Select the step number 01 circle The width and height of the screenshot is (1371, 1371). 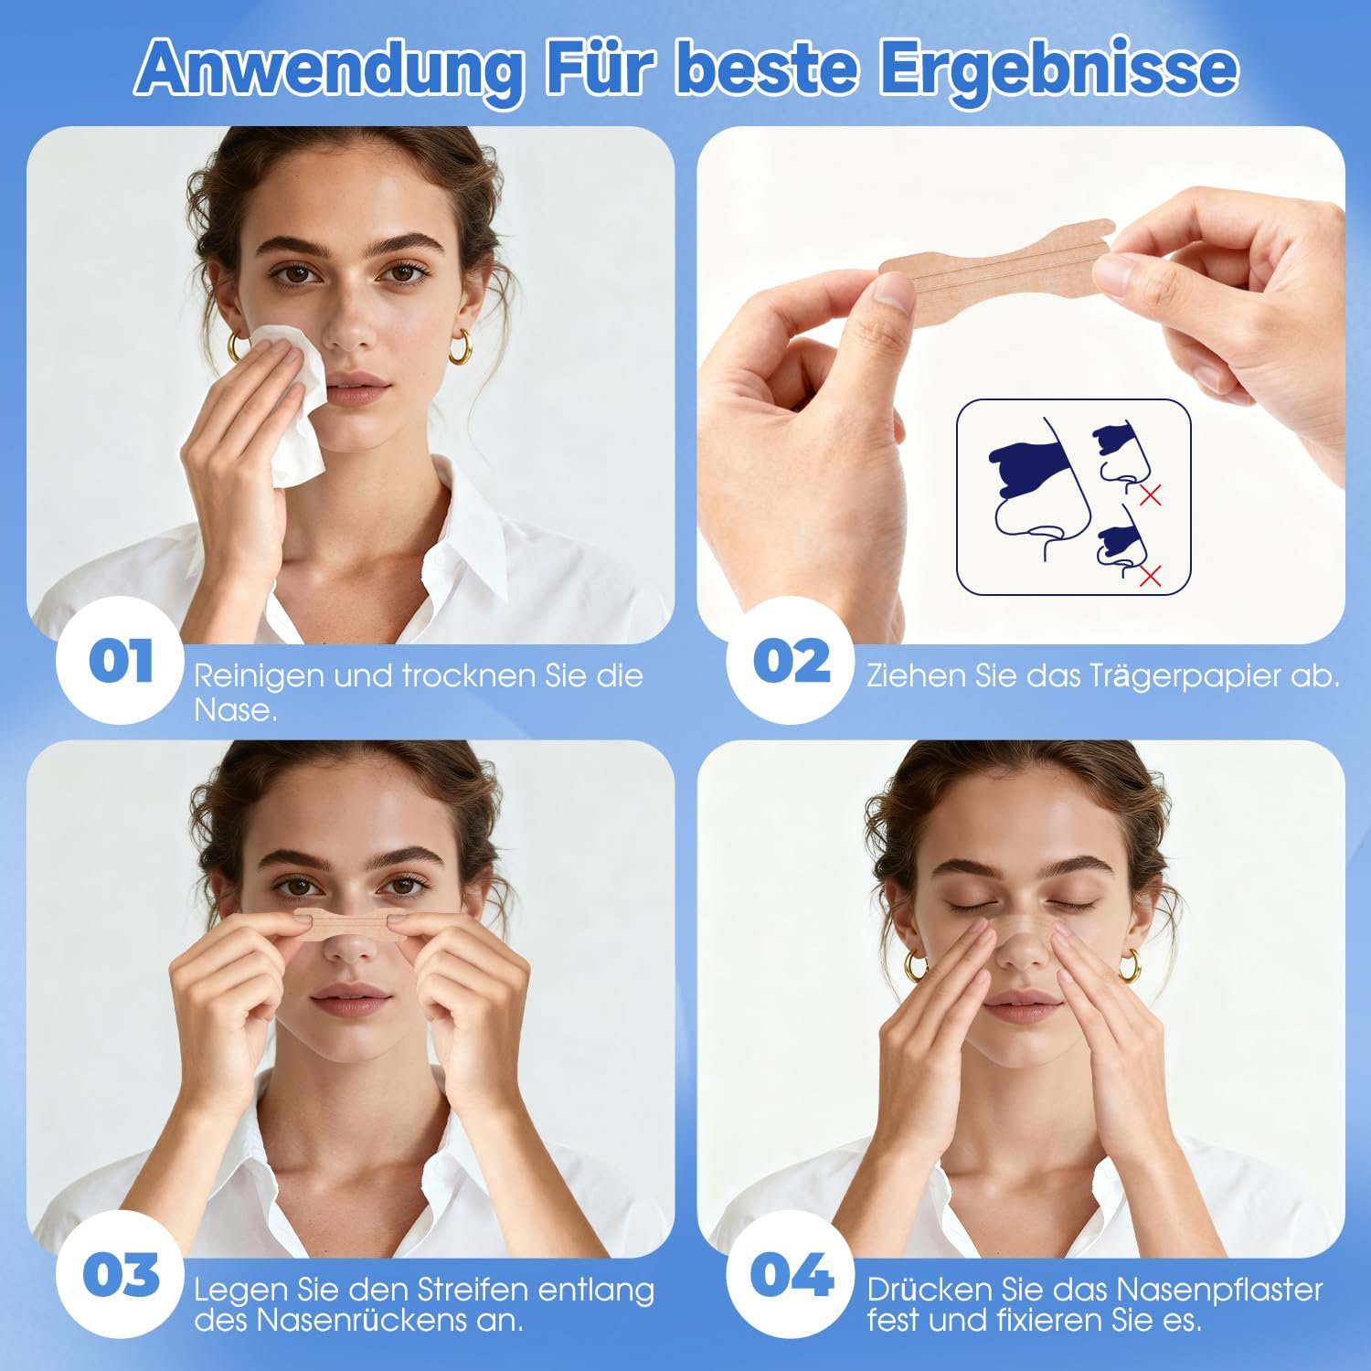(x=121, y=661)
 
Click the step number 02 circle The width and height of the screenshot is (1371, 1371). (x=792, y=661)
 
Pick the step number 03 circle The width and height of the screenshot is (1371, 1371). (x=121, y=1275)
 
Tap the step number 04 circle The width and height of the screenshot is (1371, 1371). (x=792, y=1275)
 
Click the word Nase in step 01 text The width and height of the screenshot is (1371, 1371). (x=235, y=709)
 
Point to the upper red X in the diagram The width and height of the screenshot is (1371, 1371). (x=1151, y=495)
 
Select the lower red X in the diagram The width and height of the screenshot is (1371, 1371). (x=1151, y=575)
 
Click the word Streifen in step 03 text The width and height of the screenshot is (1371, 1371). (x=473, y=1290)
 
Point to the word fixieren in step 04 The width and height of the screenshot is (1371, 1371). (x=1046, y=1320)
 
